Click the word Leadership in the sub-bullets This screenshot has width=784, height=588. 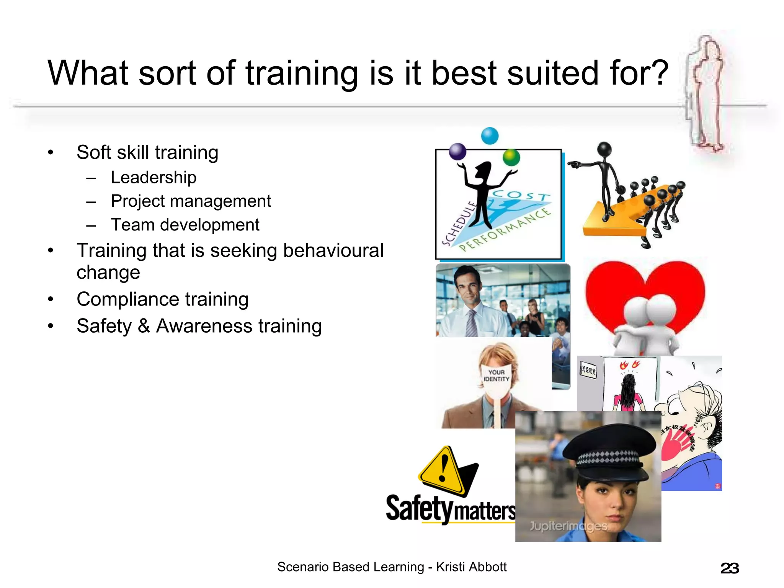154,178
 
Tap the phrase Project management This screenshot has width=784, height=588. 191,201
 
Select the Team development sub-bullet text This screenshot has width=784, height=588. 185,225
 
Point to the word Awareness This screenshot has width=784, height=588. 204,326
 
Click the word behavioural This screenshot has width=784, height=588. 333,251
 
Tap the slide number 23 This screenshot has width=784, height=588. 729,568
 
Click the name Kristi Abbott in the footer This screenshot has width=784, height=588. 471,567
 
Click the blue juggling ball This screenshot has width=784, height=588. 490,136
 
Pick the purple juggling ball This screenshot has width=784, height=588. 457,152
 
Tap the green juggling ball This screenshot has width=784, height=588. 511,157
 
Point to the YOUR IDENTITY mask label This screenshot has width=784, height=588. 496,376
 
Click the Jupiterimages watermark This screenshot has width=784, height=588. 568,526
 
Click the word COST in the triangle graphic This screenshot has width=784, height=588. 521,195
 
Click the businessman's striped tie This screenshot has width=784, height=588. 472,323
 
